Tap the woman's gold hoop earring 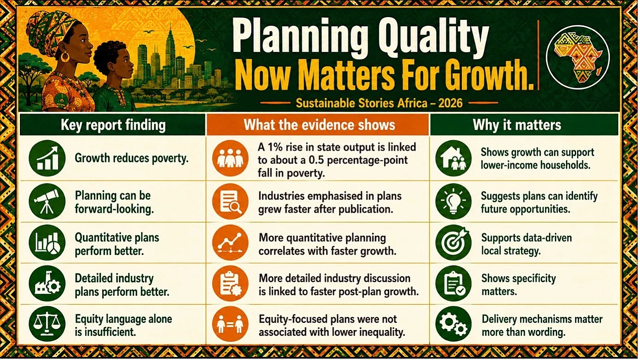pos(65,56)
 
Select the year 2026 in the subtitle pos(450,103)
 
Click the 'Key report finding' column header pos(113,125)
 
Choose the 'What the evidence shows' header pos(320,125)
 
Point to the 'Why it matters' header pos(517,125)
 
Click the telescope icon pos(47,201)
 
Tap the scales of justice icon pos(47,324)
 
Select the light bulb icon pos(454,201)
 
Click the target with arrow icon pos(454,243)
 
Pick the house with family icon pos(454,158)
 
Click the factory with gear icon pos(47,283)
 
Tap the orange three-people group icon pos(230,158)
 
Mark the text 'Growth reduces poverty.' pos(131,158)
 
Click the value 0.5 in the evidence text pos(316,160)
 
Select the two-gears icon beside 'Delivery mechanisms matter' pos(454,324)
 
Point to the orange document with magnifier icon pos(230,201)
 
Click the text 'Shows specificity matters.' pos(518,285)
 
